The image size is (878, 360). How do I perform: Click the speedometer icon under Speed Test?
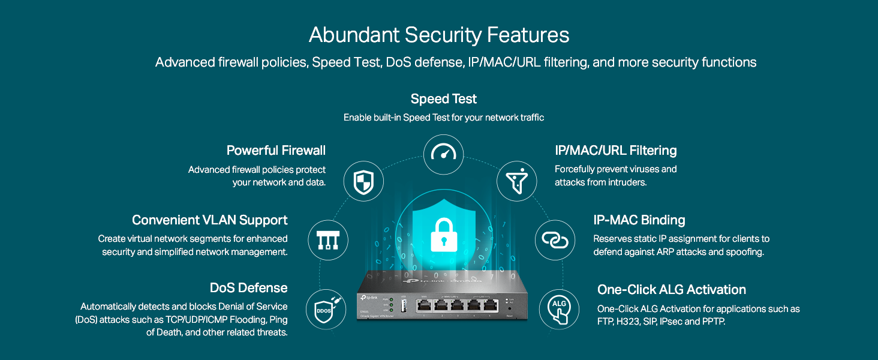pos(444,154)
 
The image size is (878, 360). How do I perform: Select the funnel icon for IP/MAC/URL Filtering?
pos(517,181)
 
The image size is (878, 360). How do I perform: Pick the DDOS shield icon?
pos(325,310)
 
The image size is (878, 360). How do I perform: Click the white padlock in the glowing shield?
pos(443,233)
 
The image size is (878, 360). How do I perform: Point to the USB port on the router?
pos(403,305)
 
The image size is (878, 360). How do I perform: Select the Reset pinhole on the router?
pos(509,308)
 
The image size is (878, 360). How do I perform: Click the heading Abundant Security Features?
pos(439,35)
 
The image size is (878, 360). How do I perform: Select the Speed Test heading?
pos(444,99)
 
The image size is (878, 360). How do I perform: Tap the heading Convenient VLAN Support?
pos(210,220)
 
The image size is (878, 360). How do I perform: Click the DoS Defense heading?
pos(248,288)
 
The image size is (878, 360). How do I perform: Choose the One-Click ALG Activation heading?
pos(672,290)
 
